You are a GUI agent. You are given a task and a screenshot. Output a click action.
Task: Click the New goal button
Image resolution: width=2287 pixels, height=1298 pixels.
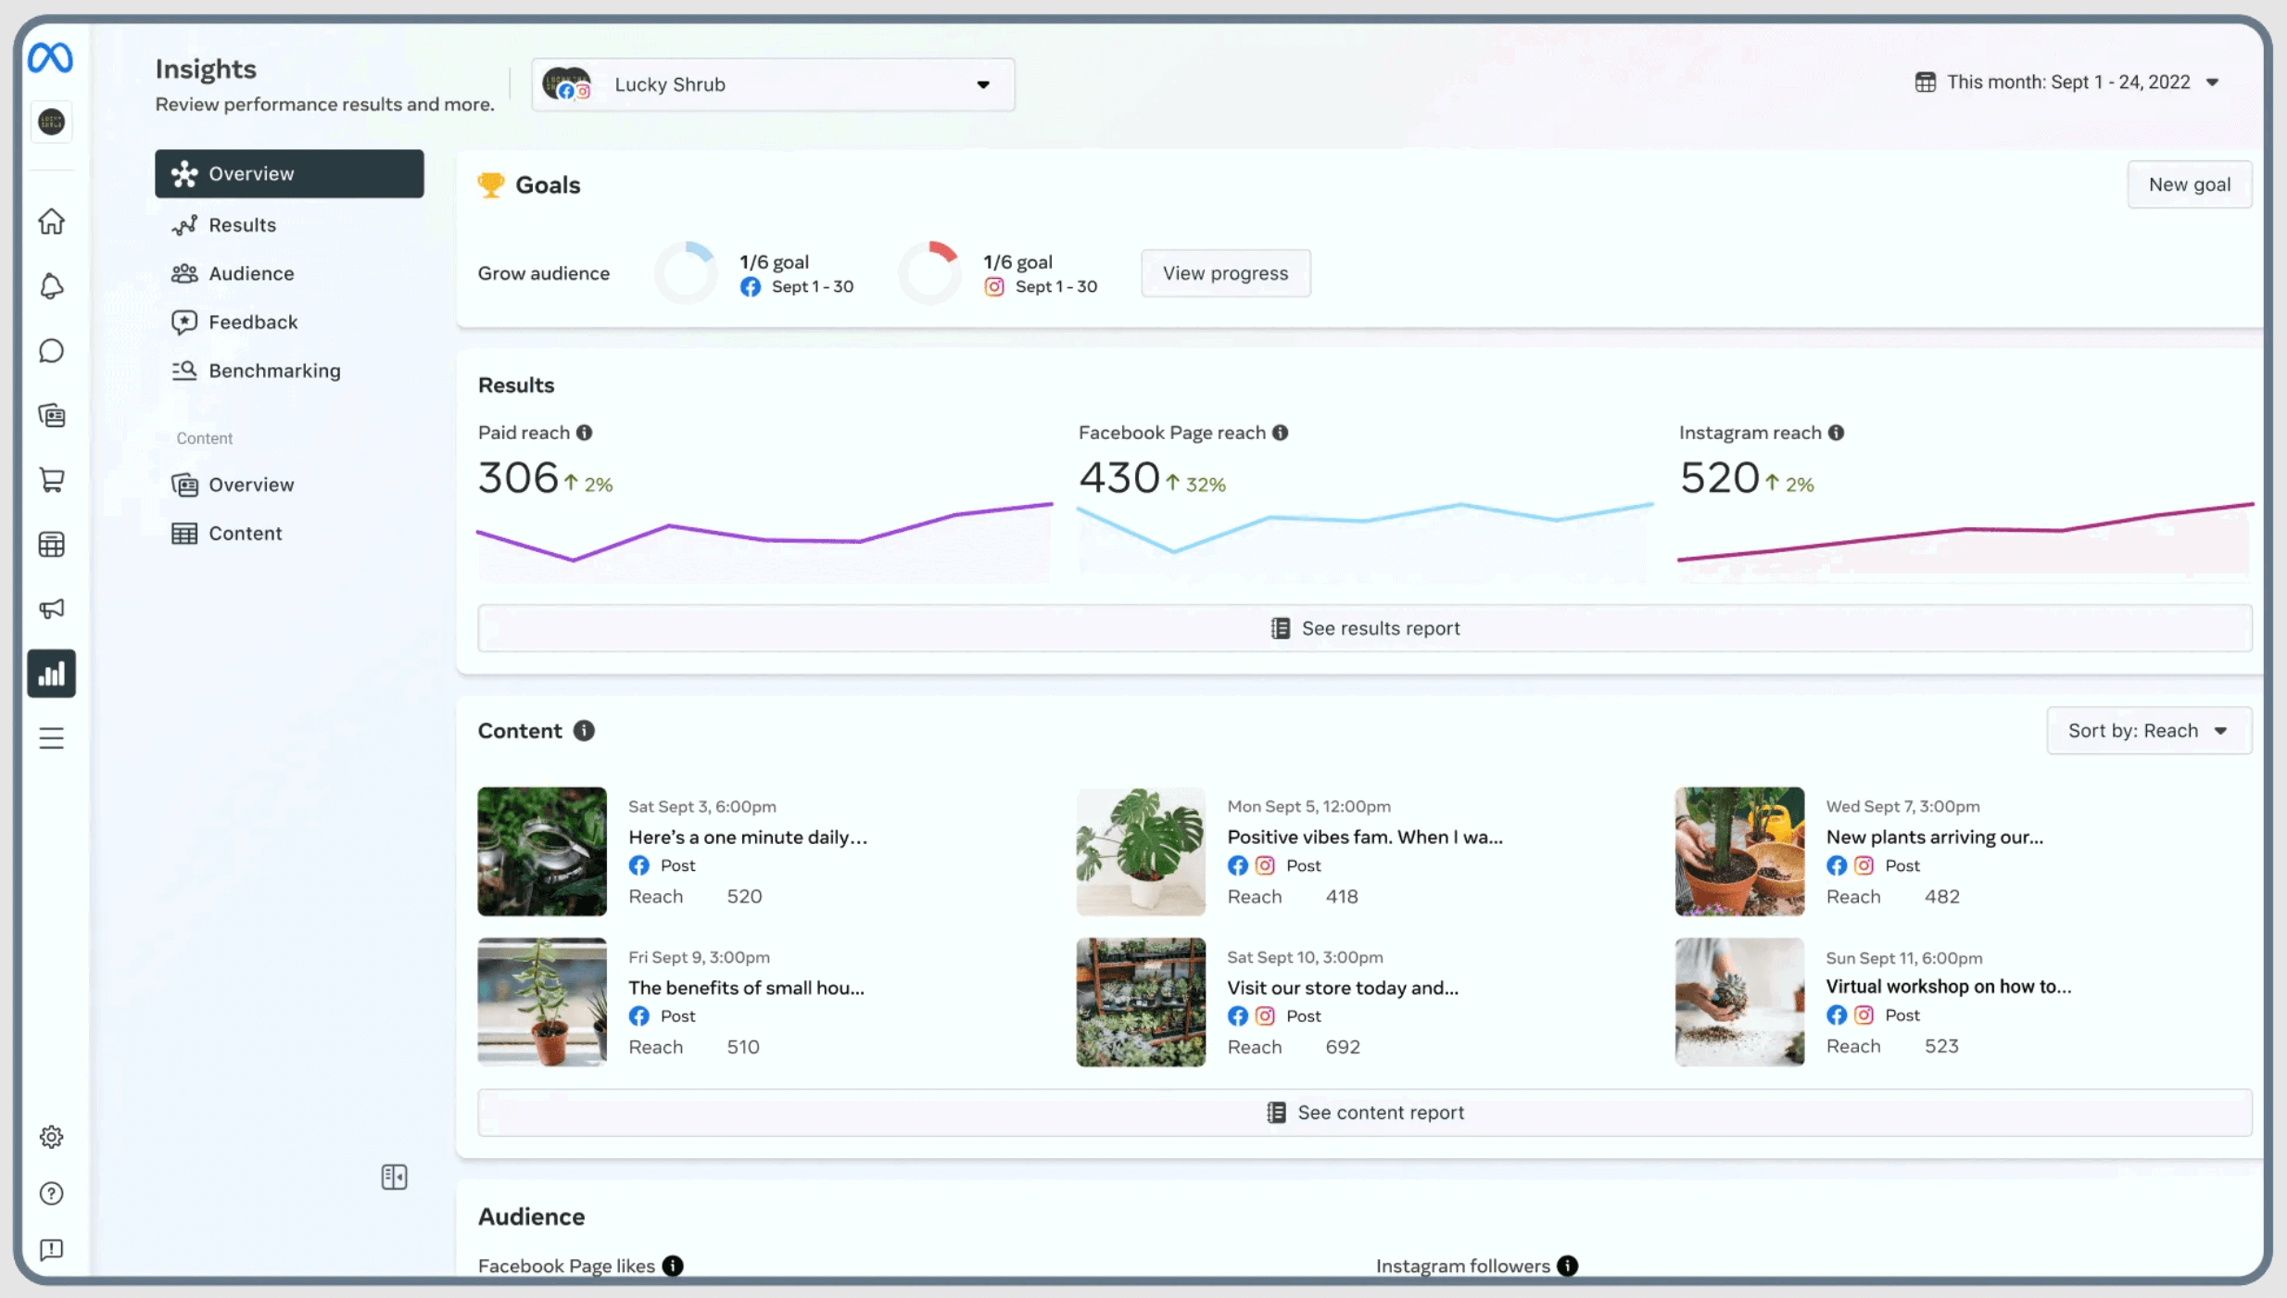pos(2189,184)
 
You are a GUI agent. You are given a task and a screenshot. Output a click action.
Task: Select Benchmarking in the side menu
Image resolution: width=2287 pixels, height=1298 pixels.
pos(274,371)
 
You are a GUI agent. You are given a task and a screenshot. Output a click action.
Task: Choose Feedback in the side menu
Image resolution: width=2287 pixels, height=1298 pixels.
pos(253,321)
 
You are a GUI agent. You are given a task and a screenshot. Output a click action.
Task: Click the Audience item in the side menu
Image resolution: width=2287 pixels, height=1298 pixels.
pos(251,273)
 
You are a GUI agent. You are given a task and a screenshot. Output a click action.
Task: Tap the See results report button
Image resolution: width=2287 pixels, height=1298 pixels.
pos(1364,628)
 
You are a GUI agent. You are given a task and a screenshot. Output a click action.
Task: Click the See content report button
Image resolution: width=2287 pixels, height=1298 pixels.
pos(1364,1112)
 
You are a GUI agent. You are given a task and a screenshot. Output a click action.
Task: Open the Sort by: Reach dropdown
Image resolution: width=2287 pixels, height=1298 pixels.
pos(2148,730)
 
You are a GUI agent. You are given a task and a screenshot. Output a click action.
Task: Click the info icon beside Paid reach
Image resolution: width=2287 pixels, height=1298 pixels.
pos(585,433)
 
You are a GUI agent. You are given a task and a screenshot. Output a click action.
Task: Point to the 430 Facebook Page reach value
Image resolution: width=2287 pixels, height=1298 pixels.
pos(1119,478)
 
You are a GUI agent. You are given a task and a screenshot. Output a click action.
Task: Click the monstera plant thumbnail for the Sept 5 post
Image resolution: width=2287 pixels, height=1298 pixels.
pos(1141,851)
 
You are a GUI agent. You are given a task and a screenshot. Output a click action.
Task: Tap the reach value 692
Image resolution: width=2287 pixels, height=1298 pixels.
pos(1343,1047)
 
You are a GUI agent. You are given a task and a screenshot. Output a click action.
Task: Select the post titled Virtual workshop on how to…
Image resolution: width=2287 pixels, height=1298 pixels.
pos(1948,987)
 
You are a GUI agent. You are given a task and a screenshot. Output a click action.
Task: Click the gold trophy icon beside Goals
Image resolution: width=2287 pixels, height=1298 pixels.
pos(491,184)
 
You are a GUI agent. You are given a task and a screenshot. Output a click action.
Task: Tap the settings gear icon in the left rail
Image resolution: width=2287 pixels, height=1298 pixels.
pos(52,1137)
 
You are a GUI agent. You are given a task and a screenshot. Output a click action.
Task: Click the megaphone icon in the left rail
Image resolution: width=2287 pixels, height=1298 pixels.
pos(52,609)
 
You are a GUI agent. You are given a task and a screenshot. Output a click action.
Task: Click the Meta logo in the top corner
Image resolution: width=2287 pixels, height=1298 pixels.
pos(50,58)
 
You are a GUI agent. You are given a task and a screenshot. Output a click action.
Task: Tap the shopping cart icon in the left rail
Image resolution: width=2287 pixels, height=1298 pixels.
pos(52,480)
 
